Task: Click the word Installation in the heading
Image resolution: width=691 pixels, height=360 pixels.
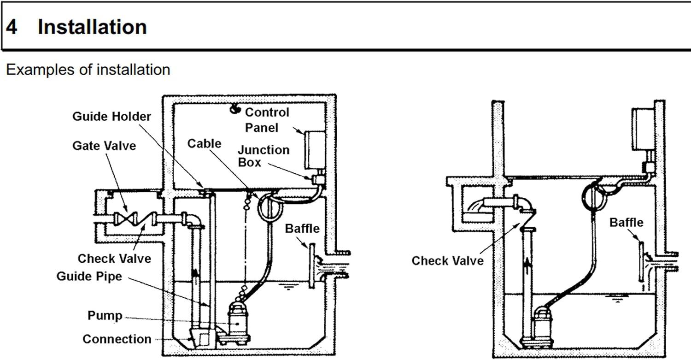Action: click(x=92, y=27)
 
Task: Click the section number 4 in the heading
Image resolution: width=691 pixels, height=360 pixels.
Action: click(x=12, y=27)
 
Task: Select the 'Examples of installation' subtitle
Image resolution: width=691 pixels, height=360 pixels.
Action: click(x=88, y=70)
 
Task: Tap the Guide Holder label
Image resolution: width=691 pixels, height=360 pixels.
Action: click(x=111, y=117)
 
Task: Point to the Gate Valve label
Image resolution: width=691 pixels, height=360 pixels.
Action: click(x=104, y=146)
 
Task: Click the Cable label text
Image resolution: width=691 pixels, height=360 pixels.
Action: click(x=204, y=143)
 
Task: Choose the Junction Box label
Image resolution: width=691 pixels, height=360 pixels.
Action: click(x=264, y=156)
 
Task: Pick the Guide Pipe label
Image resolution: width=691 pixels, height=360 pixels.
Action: click(x=89, y=276)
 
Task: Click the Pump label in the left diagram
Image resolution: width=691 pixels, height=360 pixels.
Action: click(x=105, y=316)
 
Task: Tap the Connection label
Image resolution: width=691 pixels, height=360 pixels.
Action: click(x=117, y=339)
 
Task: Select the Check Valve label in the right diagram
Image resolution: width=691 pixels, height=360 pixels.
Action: click(x=448, y=261)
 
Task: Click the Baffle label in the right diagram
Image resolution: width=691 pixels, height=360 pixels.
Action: click(x=626, y=223)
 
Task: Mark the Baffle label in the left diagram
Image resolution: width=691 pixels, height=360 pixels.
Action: click(x=302, y=229)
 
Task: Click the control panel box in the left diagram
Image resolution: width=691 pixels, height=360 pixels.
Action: click(x=315, y=150)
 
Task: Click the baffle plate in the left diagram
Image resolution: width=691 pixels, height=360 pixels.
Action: click(x=312, y=266)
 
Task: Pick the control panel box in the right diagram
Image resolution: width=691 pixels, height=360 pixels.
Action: click(x=643, y=129)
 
